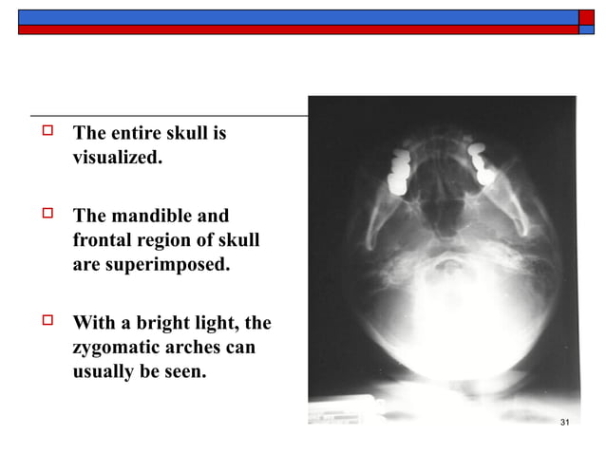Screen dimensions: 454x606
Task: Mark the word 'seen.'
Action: click(184, 371)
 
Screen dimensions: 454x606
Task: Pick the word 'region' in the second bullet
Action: click(169, 240)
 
